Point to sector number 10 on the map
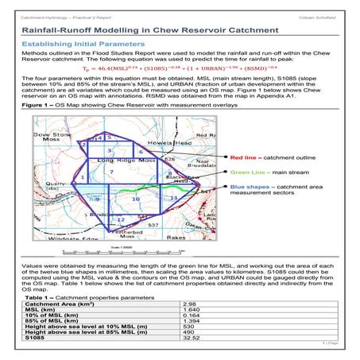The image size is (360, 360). [135, 199]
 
